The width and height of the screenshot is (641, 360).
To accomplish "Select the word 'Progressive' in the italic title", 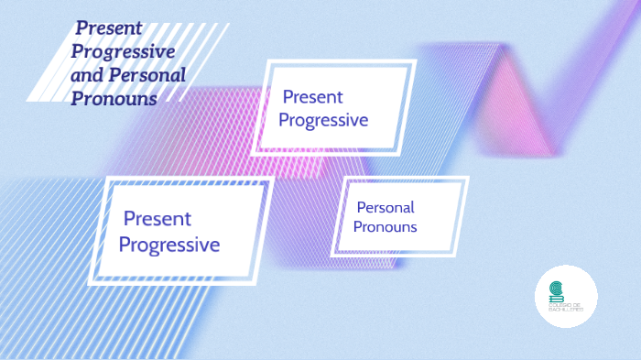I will (x=123, y=51).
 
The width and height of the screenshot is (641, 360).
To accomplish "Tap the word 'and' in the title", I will (x=87, y=75).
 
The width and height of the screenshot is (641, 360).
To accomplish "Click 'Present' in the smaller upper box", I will (x=312, y=96).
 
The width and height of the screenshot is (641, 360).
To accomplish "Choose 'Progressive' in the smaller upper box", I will (x=323, y=120).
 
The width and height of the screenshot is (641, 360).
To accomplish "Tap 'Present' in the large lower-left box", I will (x=157, y=219).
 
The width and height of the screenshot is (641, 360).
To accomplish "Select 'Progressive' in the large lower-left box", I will (x=169, y=245).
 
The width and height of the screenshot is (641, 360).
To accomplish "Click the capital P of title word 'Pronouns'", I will (x=77, y=98).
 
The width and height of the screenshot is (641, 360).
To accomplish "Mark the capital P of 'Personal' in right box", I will (x=361, y=207).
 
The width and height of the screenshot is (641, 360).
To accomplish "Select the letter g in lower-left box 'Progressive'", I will (x=159, y=247).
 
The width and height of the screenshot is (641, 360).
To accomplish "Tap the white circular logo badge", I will (x=566, y=297).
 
